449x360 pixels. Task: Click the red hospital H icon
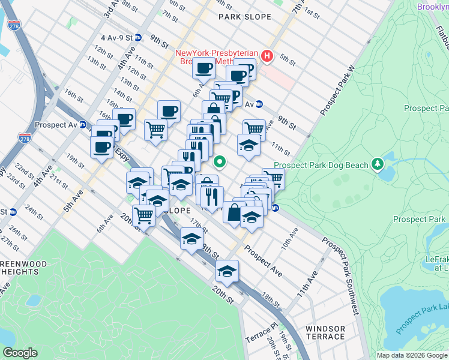267,57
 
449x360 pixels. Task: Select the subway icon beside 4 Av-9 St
138,37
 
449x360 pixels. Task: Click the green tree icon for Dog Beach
377,163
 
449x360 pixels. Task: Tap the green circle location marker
220,161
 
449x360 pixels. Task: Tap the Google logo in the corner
20,353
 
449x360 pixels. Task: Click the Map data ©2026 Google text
412,355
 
